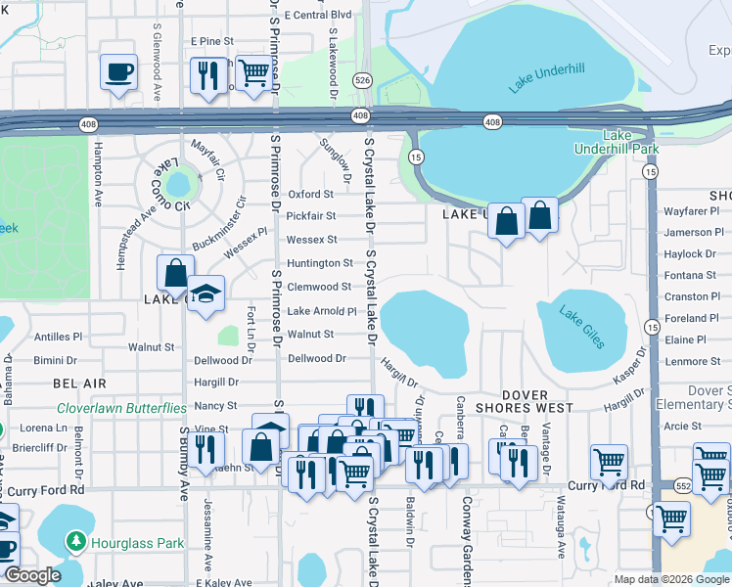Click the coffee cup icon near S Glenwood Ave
click(x=118, y=71)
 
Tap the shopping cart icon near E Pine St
click(x=253, y=71)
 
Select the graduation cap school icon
click(x=206, y=294)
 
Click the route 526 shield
click(x=362, y=80)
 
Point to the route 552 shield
click(x=681, y=485)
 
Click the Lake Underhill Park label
click(x=631, y=142)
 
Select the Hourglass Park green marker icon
click(x=75, y=541)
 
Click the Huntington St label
click(x=319, y=263)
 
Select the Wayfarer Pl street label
click(x=692, y=210)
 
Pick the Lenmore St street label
click(x=692, y=361)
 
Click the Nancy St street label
click(x=217, y=405)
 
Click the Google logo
click(x=32, y=575)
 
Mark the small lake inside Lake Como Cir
click(x=178, y=183)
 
